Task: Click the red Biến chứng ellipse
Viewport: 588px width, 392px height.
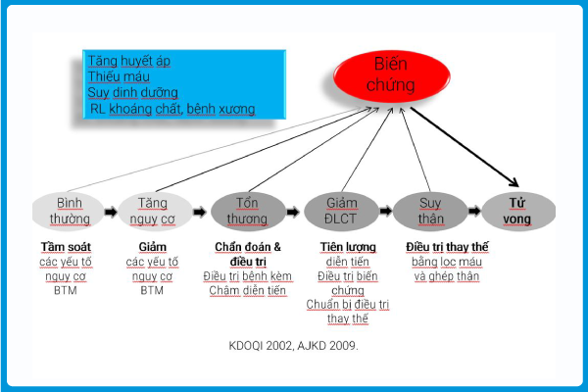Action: [391, 76]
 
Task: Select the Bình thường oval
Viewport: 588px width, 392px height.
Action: [69, 212]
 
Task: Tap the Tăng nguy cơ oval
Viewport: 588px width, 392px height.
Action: [155, 212]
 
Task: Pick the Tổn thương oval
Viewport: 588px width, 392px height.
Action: [248, 212]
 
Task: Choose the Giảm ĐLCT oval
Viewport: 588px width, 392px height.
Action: [341, 212]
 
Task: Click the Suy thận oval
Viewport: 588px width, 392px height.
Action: [430, 212]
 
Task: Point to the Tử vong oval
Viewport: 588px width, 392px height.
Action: [518, 212]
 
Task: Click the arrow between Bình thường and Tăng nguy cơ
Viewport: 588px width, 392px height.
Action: [111, 212]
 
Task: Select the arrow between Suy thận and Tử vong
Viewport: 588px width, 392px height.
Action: [474, 211]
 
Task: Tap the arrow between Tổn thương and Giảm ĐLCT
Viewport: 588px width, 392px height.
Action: [293, 212]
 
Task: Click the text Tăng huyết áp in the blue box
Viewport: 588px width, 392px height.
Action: [129, 61]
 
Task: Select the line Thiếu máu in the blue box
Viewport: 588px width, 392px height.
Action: [119, 76]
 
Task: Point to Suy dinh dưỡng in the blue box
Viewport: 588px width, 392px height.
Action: [132, 93]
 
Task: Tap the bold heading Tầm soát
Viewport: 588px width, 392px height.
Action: [66, 247]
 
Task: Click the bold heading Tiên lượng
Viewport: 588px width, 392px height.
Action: [348, 247]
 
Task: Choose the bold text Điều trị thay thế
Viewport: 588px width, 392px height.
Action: [447, 247]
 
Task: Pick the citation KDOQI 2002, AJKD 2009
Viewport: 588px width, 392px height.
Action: [294, 346]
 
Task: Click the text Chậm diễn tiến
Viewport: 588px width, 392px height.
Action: [248, 290]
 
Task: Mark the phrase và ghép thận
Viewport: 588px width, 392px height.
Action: [447, 276]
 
